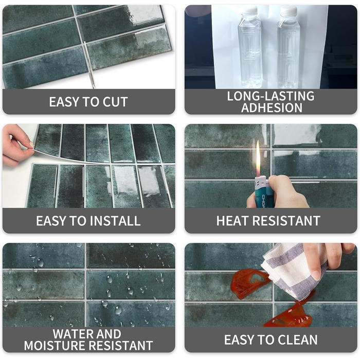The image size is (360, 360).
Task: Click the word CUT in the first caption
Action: (115, 102)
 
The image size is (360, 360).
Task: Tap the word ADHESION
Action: (272, 107)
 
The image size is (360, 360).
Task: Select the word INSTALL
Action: (115, 221)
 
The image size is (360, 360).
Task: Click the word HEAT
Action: (233, 221)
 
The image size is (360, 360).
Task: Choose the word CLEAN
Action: (298, 339)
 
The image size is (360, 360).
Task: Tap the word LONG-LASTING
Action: (271, 96)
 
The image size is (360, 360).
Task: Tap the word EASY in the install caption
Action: (51, 221)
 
